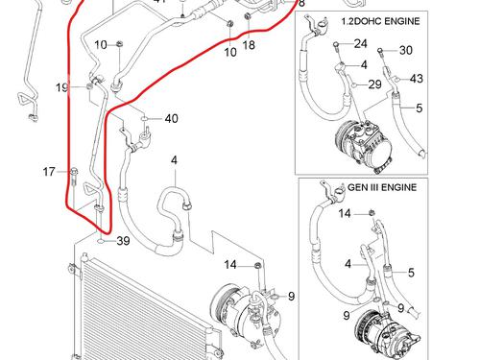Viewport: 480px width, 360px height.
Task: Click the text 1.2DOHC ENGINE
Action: point(380,21)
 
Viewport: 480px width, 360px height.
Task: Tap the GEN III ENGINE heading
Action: point(382,187)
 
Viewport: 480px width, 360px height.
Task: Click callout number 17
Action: point(49,172)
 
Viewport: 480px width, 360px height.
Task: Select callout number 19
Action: point(61,87)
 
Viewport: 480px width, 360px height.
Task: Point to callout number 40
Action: point(172,119)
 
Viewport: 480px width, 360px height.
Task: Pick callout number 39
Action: point(123,241)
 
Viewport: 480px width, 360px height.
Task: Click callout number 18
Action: point(249,45)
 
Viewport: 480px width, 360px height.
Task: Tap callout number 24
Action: point(360,43)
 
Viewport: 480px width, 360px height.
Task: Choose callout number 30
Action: point(406,50)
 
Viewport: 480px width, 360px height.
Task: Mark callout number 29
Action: point(374,84)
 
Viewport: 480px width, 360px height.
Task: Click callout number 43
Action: point(416,79)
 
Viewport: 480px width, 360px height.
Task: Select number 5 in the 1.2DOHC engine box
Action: point(420,108)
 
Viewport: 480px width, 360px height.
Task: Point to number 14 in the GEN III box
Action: point(345,213)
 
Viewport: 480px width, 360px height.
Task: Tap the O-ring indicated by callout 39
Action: point(100,241)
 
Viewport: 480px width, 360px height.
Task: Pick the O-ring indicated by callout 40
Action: point(145,119)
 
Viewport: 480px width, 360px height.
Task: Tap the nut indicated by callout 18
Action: point(247,15)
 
